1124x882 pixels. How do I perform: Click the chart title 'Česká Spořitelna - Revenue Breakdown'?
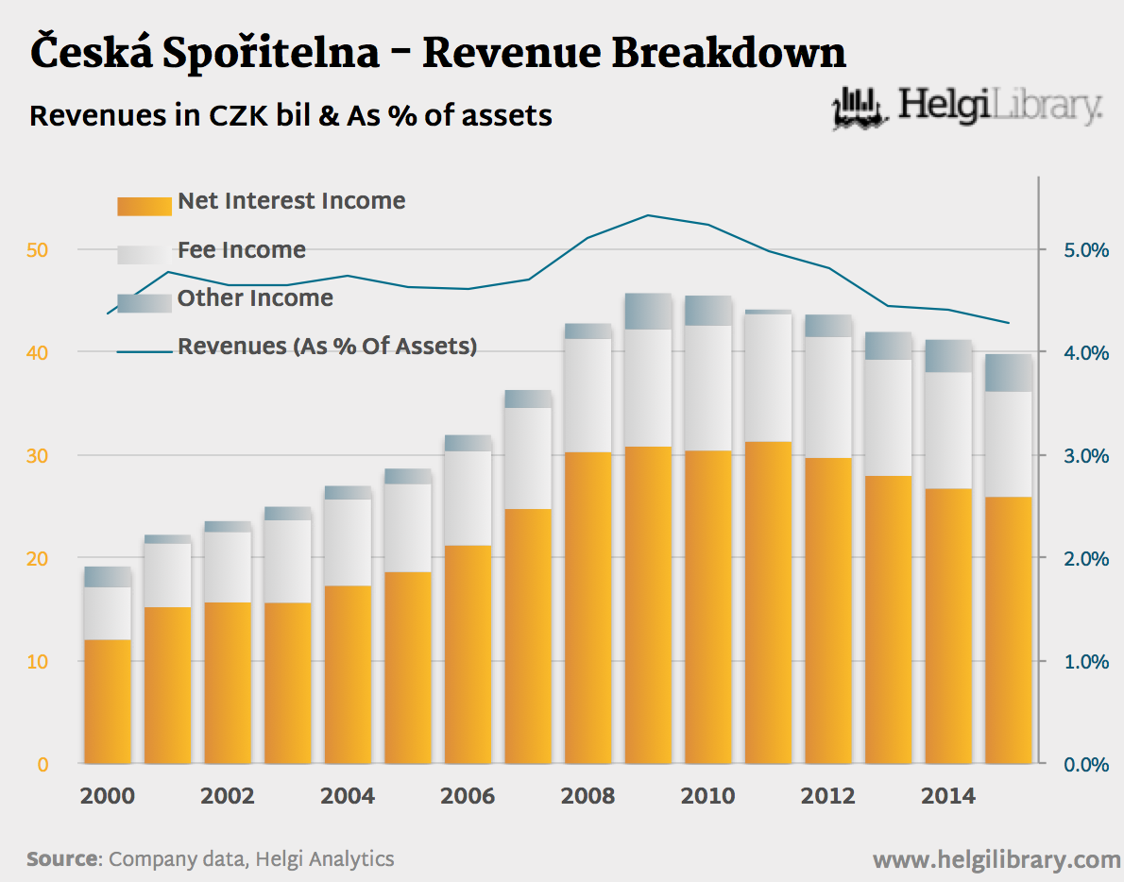click(438, 53)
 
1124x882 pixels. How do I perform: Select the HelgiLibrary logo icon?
click(860, 108)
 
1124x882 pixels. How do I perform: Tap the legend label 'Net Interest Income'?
click(291, 201)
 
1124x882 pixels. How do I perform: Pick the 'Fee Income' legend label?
click(241, 250)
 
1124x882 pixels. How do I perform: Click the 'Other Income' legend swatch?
click(145, 301)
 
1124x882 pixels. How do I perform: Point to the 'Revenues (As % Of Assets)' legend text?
click(327, 347)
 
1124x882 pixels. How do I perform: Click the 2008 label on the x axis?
click(588, 796)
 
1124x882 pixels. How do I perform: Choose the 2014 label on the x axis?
click(948, 796)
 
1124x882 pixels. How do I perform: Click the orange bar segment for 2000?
click(108, 702)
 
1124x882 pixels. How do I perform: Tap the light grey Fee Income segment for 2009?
click(648, 388)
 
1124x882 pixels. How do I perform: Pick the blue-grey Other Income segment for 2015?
click(1009, 373)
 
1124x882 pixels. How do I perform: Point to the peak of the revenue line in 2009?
click(648, 215)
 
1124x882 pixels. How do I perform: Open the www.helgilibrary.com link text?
click(996, 860)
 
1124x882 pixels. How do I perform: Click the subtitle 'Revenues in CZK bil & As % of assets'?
click(291, 116)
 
